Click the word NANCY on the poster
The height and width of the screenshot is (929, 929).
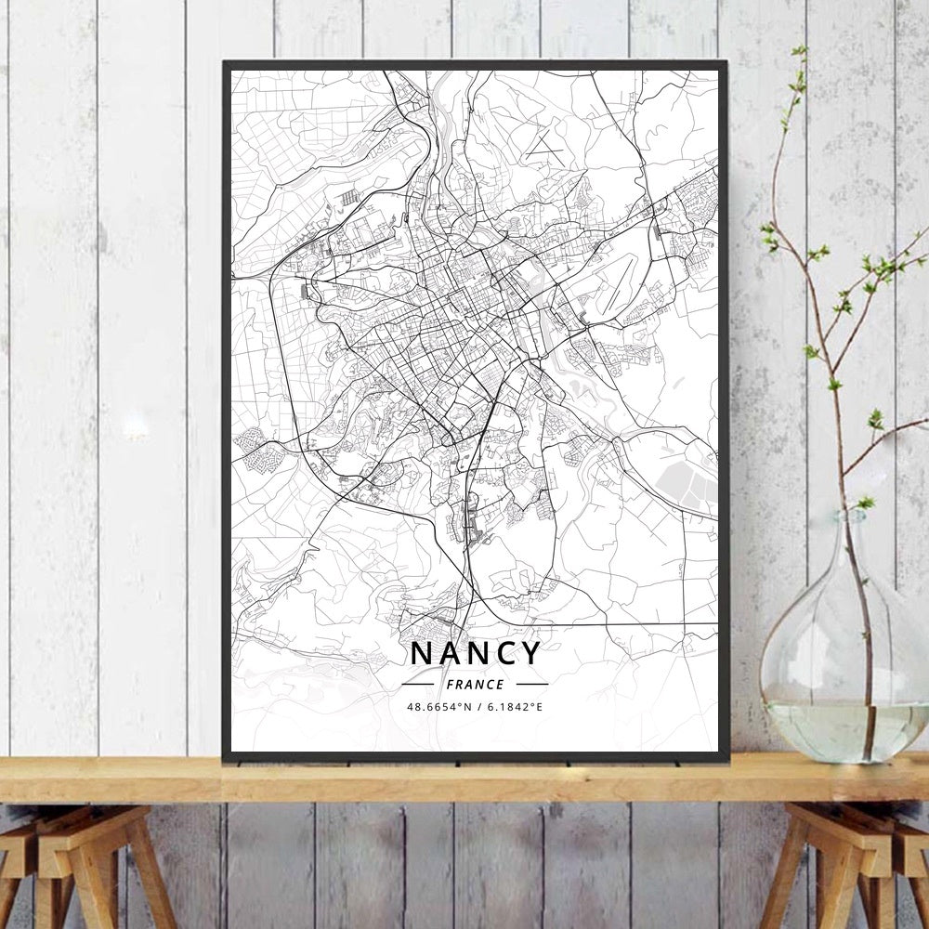475,652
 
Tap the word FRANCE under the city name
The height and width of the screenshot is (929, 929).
475,685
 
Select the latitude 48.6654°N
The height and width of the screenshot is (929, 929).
440,707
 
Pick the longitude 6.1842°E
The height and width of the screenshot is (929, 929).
512,707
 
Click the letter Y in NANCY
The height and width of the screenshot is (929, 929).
530,652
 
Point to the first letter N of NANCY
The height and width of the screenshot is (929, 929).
420,652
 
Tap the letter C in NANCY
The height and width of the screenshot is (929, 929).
504,652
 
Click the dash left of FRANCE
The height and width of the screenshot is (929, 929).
419,685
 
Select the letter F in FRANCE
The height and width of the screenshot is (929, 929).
450,685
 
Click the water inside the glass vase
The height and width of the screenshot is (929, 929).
836,729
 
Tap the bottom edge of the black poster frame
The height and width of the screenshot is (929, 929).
475,757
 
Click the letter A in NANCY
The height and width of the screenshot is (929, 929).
448,652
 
